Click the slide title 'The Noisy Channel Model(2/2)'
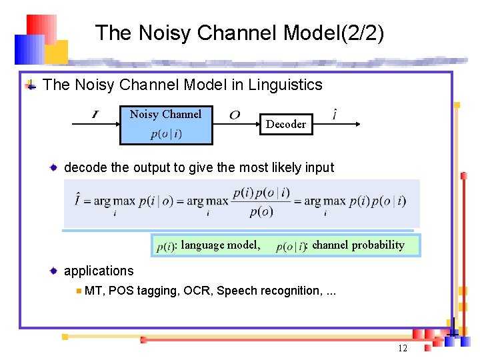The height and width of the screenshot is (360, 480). [x=239, y=33]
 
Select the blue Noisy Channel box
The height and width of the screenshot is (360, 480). [x=166, y=125]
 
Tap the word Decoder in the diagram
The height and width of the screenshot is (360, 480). [x=286, y=124]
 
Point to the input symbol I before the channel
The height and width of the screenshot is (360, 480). [x=95, y=115]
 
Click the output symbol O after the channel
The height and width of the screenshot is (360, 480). [x=235, y=115]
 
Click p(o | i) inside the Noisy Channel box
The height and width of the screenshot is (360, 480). [x=166, y=134]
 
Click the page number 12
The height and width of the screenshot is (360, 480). [x=402, y=349]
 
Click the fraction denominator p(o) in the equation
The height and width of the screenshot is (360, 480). [x=261, y=212]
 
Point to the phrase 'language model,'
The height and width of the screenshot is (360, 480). [x=221, y=245]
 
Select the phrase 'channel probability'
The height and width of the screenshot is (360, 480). [x=358, y=245]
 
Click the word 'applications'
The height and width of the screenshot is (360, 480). [x=99, y=271]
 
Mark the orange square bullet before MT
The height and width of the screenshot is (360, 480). [x=79, y=291]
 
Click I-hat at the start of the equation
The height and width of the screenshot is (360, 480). [x=79, y=199]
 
